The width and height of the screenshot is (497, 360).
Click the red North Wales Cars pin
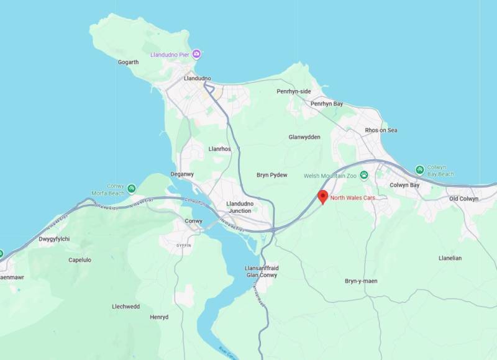coord(322,197)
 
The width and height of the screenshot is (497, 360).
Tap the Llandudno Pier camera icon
coord(197,55)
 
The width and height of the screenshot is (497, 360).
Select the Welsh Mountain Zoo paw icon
coord(364,176)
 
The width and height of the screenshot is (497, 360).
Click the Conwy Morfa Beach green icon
coord(131,188)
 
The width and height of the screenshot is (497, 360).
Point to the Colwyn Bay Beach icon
coord(420,169)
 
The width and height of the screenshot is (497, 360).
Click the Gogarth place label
coord(128,62)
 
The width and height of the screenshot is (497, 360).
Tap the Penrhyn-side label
coord(293,91)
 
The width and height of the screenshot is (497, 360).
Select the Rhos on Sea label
coord(381,130)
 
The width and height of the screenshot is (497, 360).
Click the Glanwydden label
coord(304,137)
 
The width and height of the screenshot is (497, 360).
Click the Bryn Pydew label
coord(272,175)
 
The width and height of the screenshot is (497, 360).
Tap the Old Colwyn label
coord(463,199)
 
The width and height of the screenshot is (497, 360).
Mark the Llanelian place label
coord(450,258)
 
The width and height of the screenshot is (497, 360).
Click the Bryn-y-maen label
coord(361,281)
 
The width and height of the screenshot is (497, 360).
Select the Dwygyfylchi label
coord(54,239)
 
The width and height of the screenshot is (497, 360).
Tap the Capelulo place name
coord(80,260)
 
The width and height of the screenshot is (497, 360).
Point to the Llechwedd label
coord(125,307)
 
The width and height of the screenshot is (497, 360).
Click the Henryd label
coord(159,317)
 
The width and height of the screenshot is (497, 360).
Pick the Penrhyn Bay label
coord(327,104)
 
